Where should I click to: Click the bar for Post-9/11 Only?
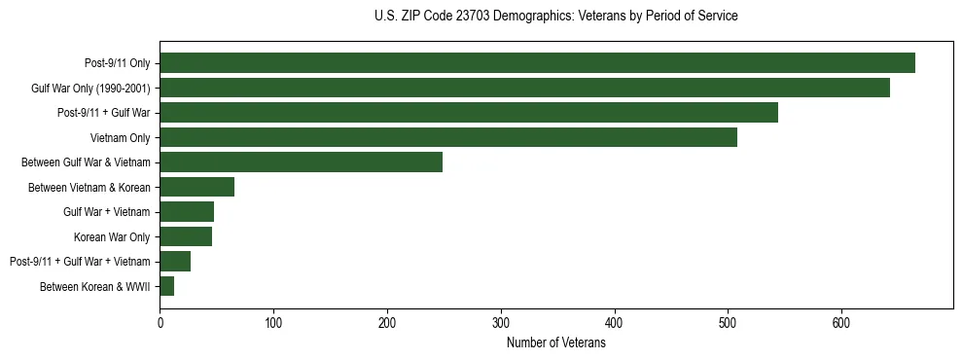537,63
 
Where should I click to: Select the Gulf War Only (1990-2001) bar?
524,88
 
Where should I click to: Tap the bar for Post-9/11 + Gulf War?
469,113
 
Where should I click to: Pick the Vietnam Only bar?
448,137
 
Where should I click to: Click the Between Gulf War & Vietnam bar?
301,162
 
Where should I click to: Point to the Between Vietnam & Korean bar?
196,187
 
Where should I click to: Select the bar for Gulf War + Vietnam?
187,212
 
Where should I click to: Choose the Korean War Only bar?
186,236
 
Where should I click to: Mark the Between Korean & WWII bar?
166,286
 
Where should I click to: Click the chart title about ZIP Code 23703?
555,17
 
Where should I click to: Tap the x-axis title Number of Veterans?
555,343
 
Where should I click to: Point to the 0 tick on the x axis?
160,322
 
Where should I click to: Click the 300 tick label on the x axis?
501,322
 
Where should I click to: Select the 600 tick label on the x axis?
841,322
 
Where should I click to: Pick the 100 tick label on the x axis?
273,322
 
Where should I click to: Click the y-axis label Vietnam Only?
120,138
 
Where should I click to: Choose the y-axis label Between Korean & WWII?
95,287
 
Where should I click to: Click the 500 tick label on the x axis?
728,322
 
